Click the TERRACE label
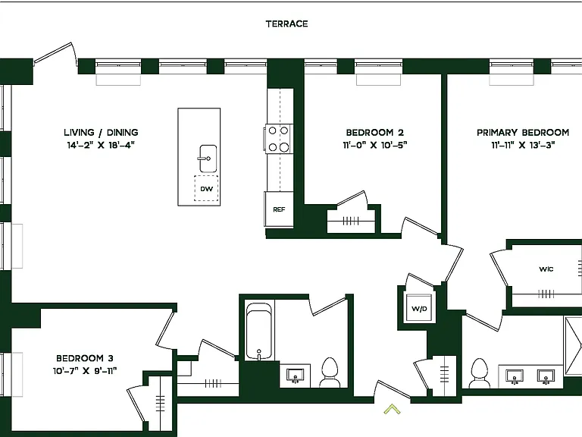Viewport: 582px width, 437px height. [x=286, y=24]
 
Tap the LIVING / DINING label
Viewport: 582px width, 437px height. [x=101, y=132]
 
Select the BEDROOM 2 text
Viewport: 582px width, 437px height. [x=375, y=132]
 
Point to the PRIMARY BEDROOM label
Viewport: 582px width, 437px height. [x=523, y=132]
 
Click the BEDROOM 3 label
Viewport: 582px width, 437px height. [x=85, y=358]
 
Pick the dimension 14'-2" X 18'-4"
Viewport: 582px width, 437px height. [x=101, y=145]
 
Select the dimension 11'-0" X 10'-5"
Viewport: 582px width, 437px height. [x=375, y=145]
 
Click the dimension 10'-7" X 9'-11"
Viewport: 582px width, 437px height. [x=85, y=370]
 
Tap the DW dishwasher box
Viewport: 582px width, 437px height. [x=206, y=188]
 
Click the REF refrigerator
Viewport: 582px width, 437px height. [x=279, y=209]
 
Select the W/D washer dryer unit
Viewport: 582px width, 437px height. [x=419, y=309]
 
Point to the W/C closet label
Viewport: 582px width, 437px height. [x=546, y=269]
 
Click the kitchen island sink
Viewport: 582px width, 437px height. [x=208, y=159]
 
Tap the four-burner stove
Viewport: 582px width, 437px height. [x=278, y=139]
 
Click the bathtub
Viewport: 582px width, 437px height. [x=258, y=332]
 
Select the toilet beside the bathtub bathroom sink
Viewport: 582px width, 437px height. [x=330, y=373]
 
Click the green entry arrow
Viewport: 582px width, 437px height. [x=392, y=409]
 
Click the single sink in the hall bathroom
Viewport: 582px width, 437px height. [x=296, y=376]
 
